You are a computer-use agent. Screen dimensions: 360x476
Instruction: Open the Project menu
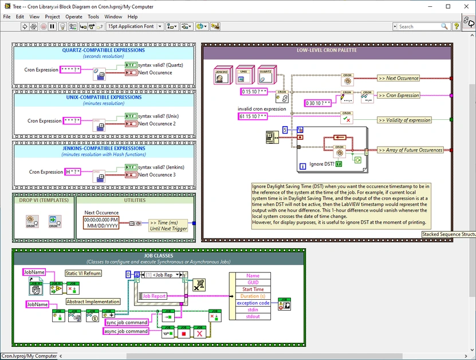tap(52, 17)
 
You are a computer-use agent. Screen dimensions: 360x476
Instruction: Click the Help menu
tap(132, 17)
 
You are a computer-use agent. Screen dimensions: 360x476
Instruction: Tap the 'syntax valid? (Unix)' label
tap(156, 116)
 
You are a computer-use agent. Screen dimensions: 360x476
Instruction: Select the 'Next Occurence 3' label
tap(156, 175)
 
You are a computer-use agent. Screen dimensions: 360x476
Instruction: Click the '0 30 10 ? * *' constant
tap(317, 103)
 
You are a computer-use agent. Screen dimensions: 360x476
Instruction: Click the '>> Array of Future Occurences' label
tap(411, 150)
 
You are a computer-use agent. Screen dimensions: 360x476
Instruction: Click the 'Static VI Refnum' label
tap(83, 274)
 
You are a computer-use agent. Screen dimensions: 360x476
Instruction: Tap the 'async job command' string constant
tap(126, 331)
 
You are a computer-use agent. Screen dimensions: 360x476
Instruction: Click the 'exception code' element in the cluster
tap(253, 303)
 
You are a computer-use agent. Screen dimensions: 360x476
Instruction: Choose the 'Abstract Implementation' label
tap(93, 302)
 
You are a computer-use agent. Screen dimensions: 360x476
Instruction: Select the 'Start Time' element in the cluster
tap(253, 289)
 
